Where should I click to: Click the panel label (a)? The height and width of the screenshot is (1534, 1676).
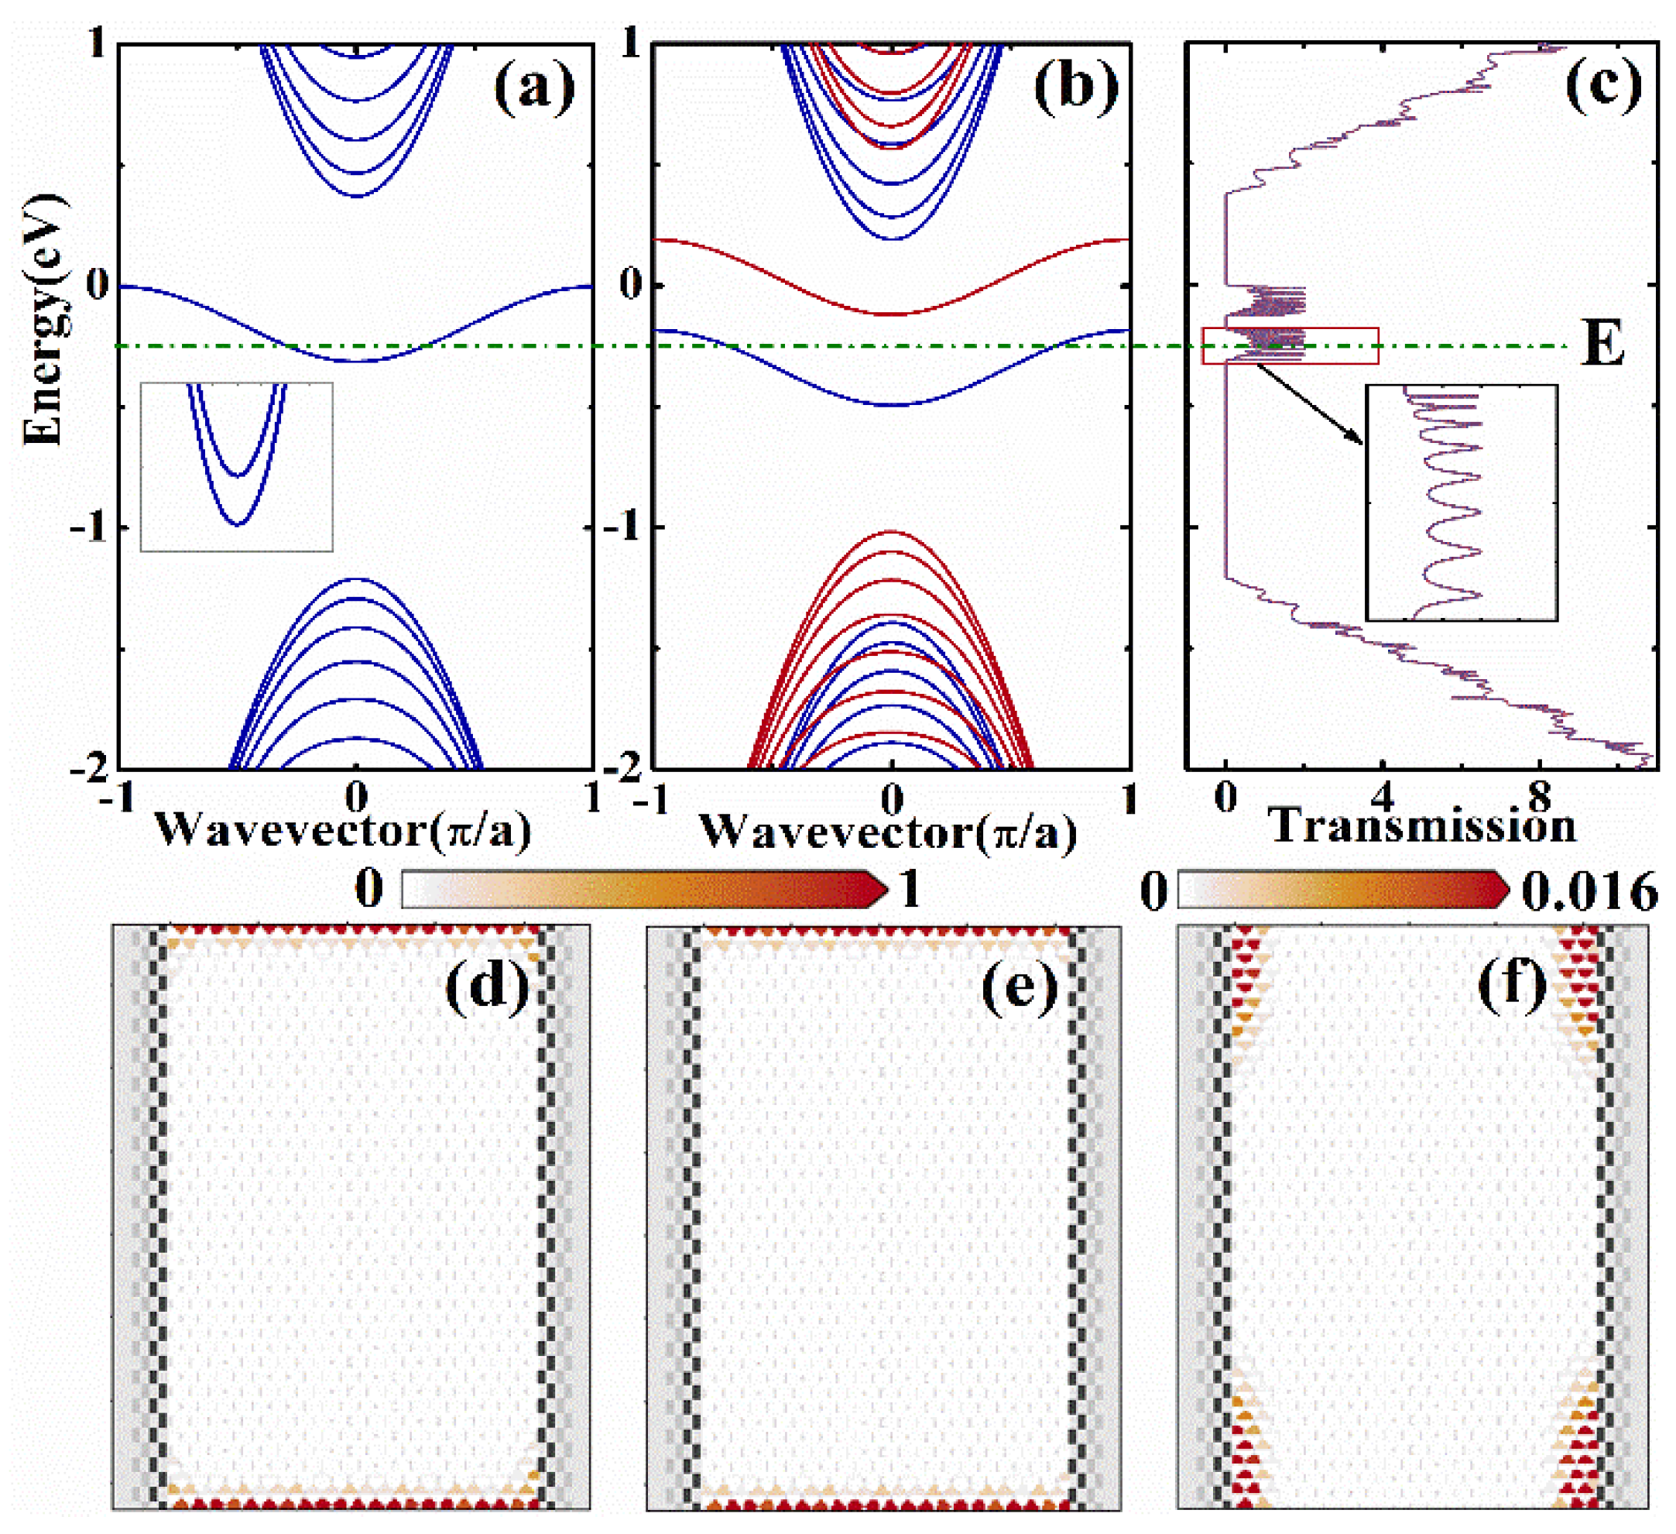533,88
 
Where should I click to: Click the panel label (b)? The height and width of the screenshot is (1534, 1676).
1075,88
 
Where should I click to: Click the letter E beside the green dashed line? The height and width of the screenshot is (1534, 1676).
1602,345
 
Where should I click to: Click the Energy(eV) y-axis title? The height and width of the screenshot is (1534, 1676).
43,320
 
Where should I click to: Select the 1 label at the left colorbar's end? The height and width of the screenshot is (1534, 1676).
910,890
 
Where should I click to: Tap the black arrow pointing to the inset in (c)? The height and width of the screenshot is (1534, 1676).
1308,403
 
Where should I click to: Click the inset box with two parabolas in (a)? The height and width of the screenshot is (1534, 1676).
237,466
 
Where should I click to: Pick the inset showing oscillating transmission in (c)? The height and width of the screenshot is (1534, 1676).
1462,503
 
